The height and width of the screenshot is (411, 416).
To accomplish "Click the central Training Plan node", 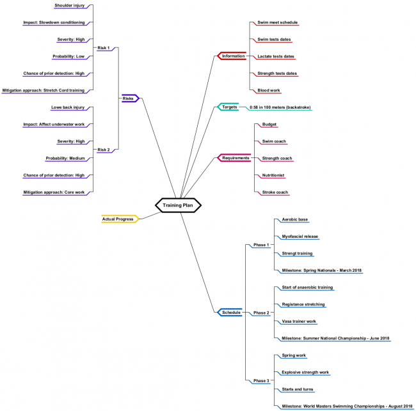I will click(178, 205).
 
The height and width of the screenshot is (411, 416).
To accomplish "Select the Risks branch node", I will click(129, 98).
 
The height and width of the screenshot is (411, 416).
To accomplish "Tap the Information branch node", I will click(232, 56).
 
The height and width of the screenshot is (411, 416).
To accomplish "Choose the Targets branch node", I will click(229, 107).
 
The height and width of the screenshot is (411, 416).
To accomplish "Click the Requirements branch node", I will click(235, 158).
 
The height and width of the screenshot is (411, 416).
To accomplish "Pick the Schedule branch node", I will click(231, 313).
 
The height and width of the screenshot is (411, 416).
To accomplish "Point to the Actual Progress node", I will click(119, 219).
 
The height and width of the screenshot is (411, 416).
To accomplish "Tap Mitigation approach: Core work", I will click(54, 192).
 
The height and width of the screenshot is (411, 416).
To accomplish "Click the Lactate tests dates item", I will click(276, 56).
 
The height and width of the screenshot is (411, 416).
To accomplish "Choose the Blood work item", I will click(268, 90).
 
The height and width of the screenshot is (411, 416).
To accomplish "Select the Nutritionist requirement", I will click(273, 175).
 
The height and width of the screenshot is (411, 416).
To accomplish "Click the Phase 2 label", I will click(261, 313).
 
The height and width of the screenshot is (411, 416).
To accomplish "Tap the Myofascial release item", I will click(300, 237).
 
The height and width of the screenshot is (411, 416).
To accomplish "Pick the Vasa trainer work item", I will click(299, 321).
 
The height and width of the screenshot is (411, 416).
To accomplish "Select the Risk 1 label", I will click(103, 48).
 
